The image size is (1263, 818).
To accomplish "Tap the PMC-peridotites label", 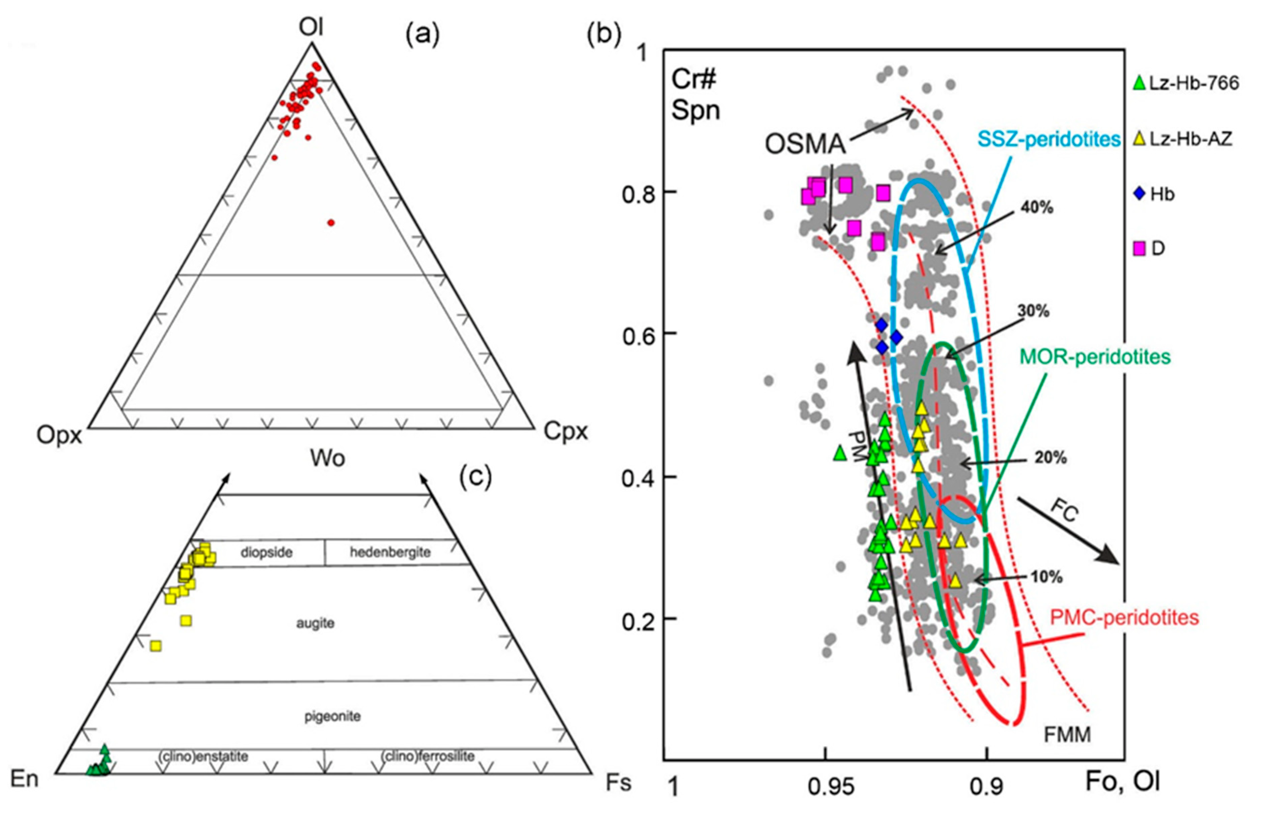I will tap(1124, 617).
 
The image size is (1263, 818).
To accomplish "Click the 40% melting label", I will tap(1037, 208).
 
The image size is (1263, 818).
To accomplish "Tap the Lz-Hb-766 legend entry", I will tap(1186, 83).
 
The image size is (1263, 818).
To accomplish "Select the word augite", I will tap(315, 623).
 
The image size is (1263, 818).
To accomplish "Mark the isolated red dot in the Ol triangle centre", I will tap(331, 222).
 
